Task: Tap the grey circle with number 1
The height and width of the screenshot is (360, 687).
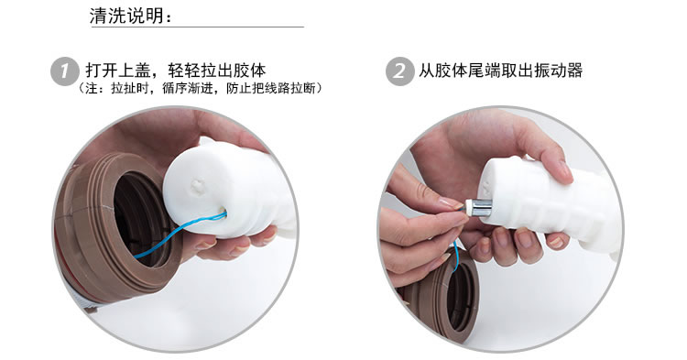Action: point(65,71)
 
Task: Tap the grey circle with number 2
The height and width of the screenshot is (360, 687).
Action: point(399,71)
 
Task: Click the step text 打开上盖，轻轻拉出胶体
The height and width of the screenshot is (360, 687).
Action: point(176,70)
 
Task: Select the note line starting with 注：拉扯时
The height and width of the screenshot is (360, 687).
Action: point(201,88)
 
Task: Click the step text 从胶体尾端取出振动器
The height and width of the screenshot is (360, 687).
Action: point(500,70)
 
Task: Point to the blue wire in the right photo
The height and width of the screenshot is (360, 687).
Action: point(455,256)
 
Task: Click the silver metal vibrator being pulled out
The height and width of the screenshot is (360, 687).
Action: point(478,207)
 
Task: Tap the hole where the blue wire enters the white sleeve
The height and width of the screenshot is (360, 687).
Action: point(223,214)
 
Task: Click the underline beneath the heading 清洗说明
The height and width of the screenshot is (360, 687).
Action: point(197,27)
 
